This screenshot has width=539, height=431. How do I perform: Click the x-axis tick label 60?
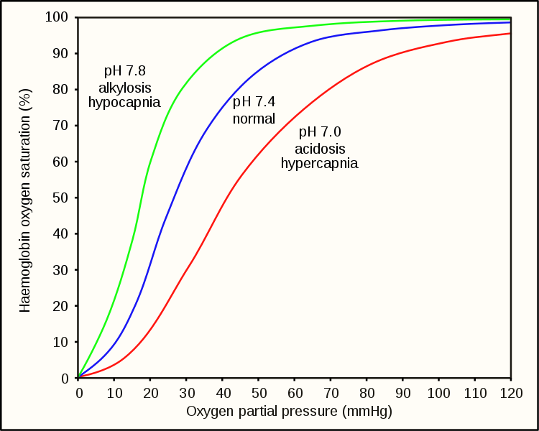(x=295, y=393)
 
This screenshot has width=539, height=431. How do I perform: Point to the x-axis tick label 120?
(x=510, y=393)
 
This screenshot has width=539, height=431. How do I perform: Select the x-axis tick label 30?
(x=187, y=393)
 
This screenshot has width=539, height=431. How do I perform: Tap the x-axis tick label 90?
(x=402, y=393)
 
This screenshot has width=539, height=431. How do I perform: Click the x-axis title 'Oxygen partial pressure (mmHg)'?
(x=290, y=412)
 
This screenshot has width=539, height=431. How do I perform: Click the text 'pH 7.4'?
(x=254, y=103)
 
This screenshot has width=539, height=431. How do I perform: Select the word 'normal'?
(x=254, y=119)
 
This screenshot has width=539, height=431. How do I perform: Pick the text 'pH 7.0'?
(x=320, y=132)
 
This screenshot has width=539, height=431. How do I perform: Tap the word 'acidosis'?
(x=320, y=148)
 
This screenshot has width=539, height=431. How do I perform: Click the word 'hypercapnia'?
(x=320, y=164)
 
